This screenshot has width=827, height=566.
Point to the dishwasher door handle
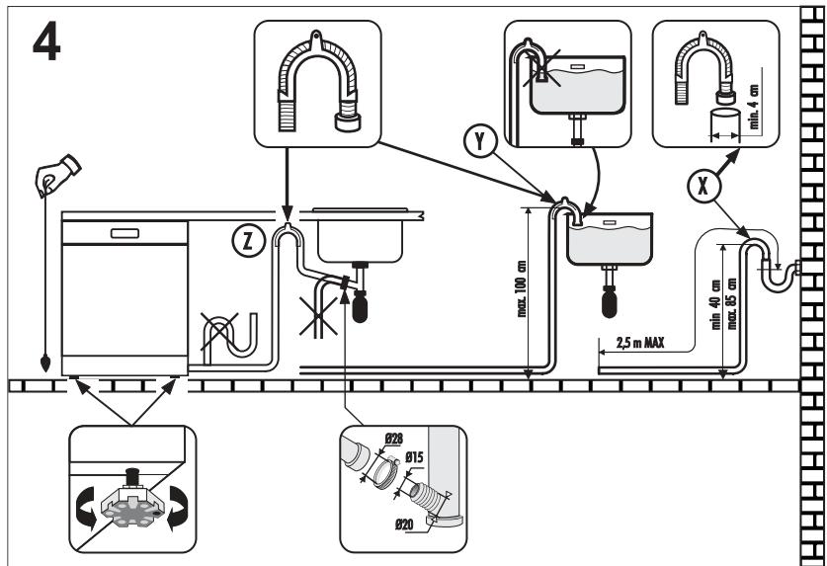click(124, 233)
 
